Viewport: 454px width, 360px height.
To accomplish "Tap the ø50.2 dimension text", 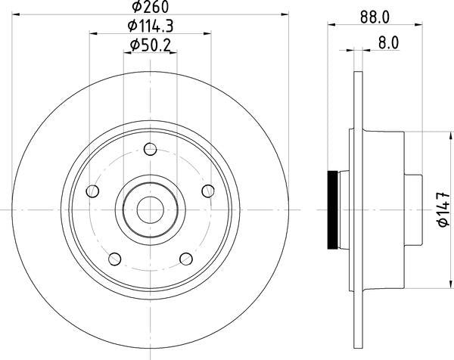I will coord(151,45).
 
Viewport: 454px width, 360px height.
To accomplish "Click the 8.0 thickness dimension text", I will coord(387,44).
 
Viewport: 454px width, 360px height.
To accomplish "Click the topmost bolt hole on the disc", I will coord(151,150).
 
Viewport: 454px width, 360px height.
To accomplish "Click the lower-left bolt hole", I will coord(115,259).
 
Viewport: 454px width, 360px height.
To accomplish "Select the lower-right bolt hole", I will coord(186,259).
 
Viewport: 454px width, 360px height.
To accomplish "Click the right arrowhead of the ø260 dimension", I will coord(285,13).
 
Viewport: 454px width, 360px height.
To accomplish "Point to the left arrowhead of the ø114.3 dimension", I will coord(93,32).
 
